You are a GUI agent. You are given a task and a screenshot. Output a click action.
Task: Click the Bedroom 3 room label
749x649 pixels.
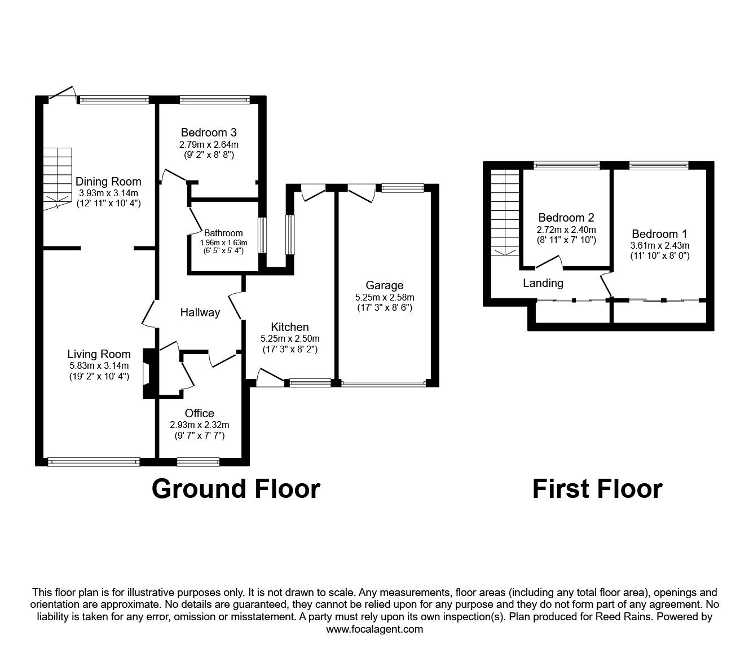(x=208, y=133)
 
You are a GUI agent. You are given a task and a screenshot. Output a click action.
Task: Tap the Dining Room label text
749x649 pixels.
(x=108, y=182)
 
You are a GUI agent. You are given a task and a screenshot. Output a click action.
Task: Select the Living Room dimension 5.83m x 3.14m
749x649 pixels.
(x=99, y=365)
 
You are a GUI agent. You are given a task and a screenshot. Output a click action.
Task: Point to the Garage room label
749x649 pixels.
(x=384, y=285)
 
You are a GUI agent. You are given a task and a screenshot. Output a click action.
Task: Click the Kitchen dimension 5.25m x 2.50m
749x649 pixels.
(x=290, y=338)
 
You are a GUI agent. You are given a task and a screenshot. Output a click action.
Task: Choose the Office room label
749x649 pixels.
(x=199, y=413)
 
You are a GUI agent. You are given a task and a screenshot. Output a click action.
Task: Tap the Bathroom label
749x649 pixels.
(x=223, y=233)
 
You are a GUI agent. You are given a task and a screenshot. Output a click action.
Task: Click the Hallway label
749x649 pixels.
(x=200, y=312)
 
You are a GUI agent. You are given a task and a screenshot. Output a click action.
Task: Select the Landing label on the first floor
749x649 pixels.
(x=543, y=283)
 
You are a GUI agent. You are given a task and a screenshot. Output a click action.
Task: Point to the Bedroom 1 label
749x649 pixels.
(x=659, y=234)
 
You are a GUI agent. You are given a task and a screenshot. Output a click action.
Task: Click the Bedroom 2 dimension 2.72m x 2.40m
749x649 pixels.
(x=566, y=229)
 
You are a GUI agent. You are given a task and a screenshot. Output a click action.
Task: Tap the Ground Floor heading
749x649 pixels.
(x=236, y=488)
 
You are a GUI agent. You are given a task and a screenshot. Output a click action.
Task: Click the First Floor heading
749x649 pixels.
(x=597, y=488)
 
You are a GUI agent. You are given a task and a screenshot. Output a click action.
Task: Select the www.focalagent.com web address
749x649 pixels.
(x=374, y=629)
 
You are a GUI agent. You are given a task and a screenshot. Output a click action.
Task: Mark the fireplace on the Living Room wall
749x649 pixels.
(x=148, y=374)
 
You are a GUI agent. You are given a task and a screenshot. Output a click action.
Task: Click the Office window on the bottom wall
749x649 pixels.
(x=198, y=462)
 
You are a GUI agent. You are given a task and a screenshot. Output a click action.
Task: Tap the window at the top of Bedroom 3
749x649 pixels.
(x=214, y=100)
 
